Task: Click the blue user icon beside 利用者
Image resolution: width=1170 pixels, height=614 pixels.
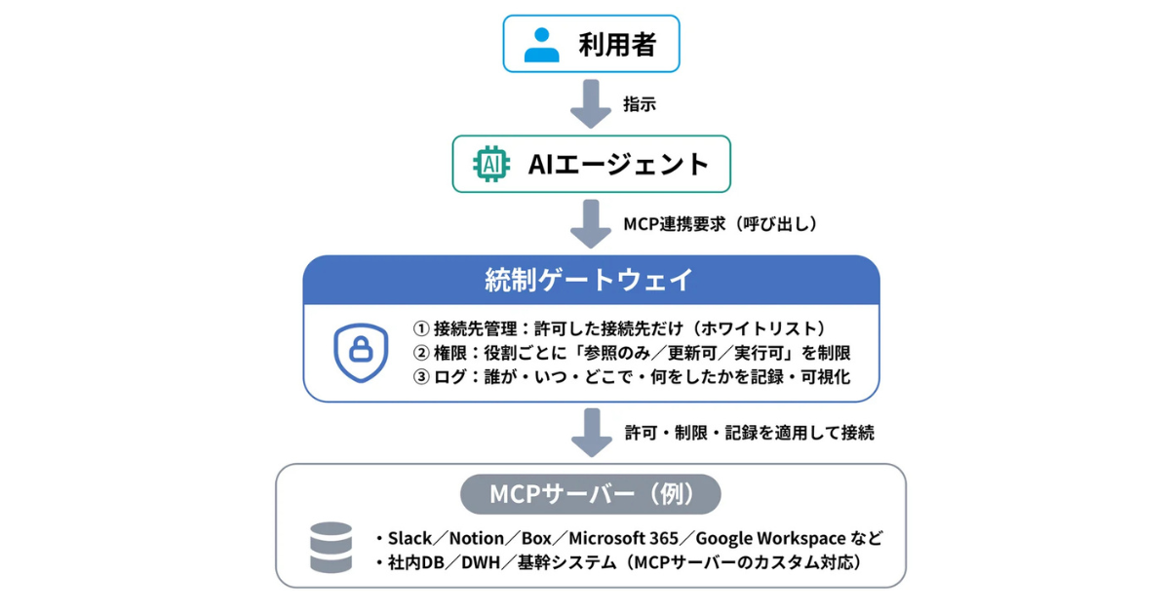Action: pos(542,45)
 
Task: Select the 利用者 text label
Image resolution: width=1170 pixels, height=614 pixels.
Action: pos(617,45)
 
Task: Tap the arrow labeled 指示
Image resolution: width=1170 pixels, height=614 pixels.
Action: pos(590,104)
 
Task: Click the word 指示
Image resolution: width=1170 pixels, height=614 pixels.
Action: pos(640,104)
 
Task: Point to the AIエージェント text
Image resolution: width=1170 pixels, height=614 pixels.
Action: pos(619,164)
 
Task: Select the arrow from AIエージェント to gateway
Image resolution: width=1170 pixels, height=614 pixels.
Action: pos(590,224)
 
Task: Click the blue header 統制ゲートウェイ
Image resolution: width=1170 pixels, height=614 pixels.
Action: pos(590,281)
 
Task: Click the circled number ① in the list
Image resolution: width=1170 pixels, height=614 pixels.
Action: pos(421,328)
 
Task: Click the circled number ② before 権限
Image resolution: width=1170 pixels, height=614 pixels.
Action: pos(421,353)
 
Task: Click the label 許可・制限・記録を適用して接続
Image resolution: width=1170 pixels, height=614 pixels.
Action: pos(749,433)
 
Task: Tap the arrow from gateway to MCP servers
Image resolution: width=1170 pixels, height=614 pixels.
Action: pos(590,433)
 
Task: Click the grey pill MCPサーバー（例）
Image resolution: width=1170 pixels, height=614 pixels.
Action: pos(590,494)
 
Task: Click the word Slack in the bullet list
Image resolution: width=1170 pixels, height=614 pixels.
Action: pos(409,538)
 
